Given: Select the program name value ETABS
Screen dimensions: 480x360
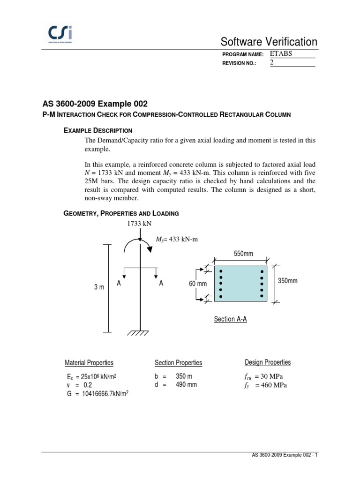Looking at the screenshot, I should (x=281, y=53).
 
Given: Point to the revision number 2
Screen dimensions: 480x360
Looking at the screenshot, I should (x=272, y=63).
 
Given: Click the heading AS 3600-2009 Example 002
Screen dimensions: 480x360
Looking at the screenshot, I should (x=98, y=104).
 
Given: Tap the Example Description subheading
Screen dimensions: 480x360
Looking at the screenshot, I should (x=97, y=130).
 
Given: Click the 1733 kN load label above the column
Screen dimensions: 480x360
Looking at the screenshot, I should (x=140, y=224).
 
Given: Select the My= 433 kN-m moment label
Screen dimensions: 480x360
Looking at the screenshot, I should (x=177, y=240).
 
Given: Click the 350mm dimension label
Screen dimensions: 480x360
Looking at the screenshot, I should (x=288, y=281).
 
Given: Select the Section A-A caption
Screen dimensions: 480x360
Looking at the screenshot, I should (x=230, y=319).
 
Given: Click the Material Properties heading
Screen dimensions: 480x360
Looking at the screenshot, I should (x=89, y=363).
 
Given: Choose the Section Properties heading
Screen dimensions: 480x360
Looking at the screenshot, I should (x=179, y=363).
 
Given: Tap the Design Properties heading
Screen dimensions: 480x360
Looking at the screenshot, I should (x=268, y=362).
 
